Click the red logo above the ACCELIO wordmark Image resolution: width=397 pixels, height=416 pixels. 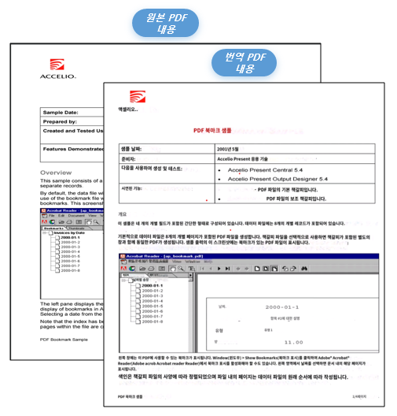click(57, 65)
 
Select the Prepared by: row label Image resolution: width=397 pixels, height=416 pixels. click(60, 122)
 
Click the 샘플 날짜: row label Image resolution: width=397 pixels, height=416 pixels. click(134, 148)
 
